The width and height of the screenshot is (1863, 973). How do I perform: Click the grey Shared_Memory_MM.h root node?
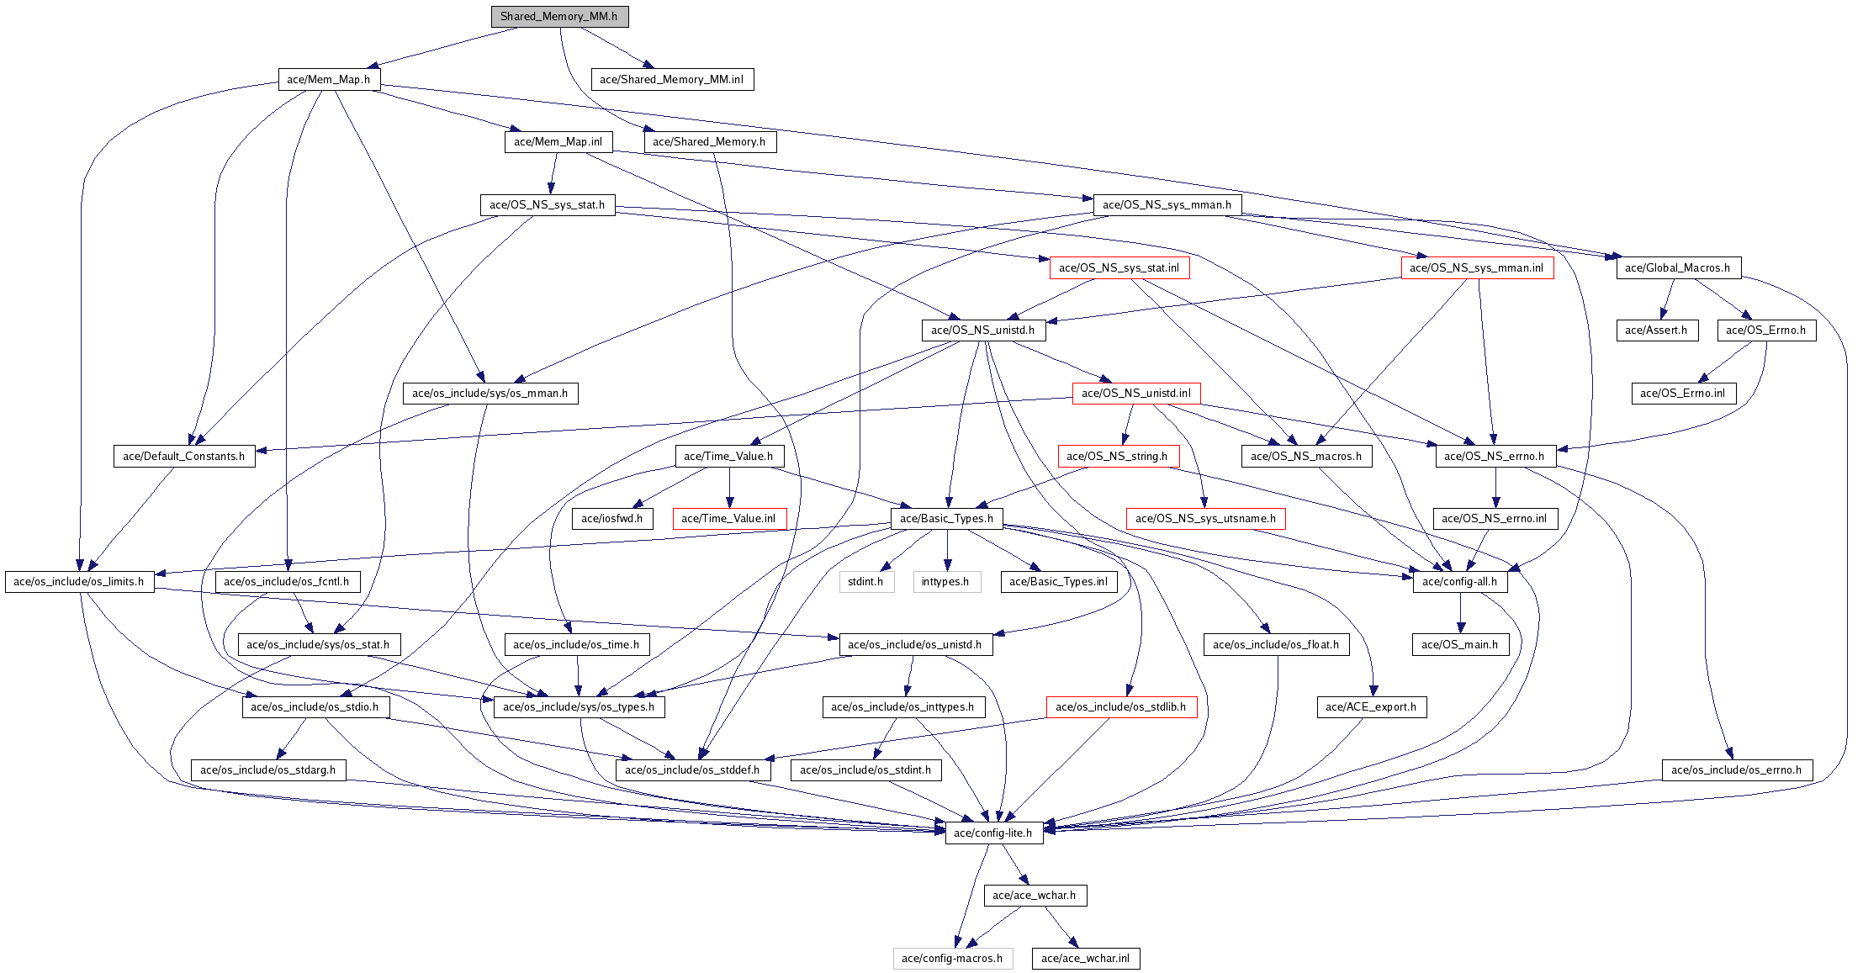pyautogui.click(x=559, y=17)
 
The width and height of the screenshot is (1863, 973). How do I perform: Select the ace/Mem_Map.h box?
pyautogui.click(x=329, y=80)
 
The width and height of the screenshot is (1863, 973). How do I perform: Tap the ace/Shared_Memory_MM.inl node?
pyautogui.click(x=671, y=80)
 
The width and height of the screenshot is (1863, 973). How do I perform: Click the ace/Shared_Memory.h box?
pyautogui.click(x=709, y=142)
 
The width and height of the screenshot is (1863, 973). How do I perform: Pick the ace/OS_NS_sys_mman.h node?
pyautogui.click(x=1167, y=205)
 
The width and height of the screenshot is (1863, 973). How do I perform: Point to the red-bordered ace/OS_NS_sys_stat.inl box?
pyautogui.click(x=1119, y=268)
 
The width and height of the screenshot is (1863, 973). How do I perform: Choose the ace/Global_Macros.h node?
pyautogui.click(x=1678, y=268)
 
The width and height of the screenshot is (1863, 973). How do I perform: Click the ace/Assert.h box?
pyautogui.click(x=1656, y=331)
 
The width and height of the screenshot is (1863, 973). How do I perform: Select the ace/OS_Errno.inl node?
pyautogui.click(x=1683, y=394)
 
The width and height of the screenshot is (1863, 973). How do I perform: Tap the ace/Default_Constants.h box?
pyautogui.click(x=184, y=457)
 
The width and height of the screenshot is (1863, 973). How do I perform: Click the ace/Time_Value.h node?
pyautogui.click(x=729, y=457)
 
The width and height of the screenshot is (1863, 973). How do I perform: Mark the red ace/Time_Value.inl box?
pyautogui.click(x=729, y=519)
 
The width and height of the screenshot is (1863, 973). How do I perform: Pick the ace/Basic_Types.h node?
pyautogui.click(x=946, y=519)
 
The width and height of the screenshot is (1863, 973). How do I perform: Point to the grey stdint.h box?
pyautogui.click(x=865, y=582)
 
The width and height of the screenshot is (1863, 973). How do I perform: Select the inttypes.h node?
pyautogui.click(x=946, y=582)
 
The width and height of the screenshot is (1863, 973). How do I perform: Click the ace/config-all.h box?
pyautogui.click(x=1459, y=582)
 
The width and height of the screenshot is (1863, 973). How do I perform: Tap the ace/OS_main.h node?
pyautogui.click(x=1459, y=645)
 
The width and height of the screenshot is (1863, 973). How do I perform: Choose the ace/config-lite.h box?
pyautogui.click(x=993, y=833)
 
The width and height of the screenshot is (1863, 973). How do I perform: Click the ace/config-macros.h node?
pyautogui.click(x=952, y=959)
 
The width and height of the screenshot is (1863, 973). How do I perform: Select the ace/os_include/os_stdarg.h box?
pyautogui.click(x=267, y=770)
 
